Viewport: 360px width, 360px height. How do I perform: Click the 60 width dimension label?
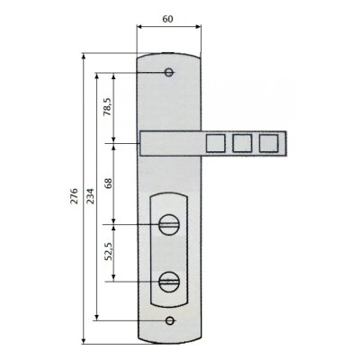pyautogui.click(x=167, y=19)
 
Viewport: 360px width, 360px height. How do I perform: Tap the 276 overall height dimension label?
pyautogui.click(x=74, y=196)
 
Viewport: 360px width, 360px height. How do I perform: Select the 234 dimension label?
pyautogui.click(x=90, y=196)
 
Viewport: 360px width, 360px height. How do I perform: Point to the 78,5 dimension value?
pyautogui.click(x=108, y=107)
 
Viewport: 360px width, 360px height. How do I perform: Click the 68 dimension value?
pyautogui.click(x=108, y=183)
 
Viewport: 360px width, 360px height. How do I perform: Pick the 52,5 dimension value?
pyautogui.click(x=108, y=251)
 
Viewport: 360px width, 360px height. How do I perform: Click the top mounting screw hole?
pyautogui.click(x=169, y=73)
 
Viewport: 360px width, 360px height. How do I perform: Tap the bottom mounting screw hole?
pyautogui.click(x=170, y=320)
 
